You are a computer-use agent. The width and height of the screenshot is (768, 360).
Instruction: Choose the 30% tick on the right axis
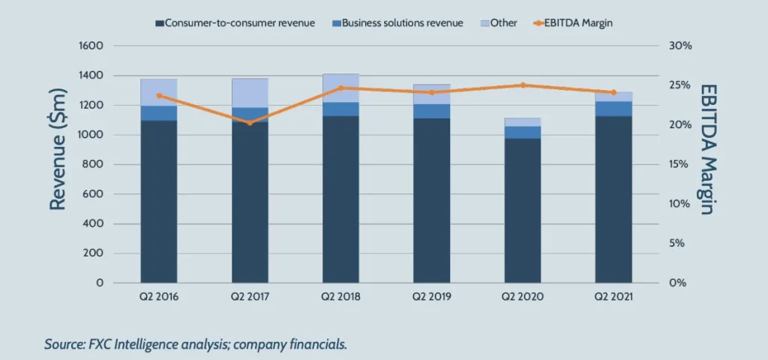[679, 46]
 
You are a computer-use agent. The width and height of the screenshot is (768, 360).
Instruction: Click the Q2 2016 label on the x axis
[158, 297]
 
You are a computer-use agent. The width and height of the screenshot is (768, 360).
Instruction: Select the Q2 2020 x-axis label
[522, 297]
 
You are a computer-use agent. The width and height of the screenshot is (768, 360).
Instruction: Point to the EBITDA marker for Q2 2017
[250, 122]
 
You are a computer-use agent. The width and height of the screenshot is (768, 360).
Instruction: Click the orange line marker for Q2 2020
[523, 85]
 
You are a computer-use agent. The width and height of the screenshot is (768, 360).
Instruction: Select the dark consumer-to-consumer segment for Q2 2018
[340, 199]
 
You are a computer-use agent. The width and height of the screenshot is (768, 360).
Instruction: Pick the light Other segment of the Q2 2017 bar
[250, 93]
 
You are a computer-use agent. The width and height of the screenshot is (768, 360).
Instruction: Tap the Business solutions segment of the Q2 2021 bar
[613, 109]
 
